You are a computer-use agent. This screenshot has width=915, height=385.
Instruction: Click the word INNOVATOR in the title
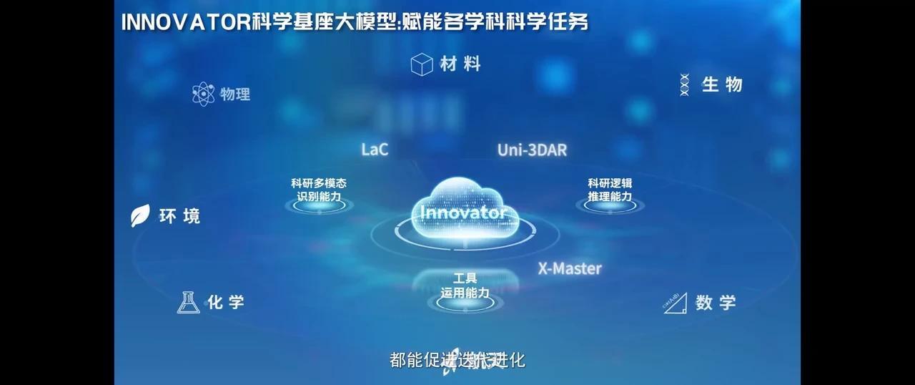tap(185, 22)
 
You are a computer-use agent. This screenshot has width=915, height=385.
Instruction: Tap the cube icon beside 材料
tap(422, 64)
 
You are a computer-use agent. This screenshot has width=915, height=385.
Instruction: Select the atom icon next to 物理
tap(204, 94)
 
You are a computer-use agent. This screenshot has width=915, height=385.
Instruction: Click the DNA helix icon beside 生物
tap(684, 84)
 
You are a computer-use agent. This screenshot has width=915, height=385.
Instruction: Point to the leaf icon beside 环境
tap(140, 215)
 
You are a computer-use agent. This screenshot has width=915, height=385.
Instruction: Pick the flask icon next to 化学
tap(188, 302)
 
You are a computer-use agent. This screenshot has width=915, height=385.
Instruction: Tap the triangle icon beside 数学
tap(675, 303)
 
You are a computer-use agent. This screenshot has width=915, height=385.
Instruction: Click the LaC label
tap(375, 150)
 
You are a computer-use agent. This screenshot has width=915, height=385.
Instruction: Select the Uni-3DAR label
tap(532, 150)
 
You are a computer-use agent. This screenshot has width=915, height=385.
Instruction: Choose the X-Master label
tap(570, 269)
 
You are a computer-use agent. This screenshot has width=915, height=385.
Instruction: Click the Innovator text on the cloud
tap(463, 213)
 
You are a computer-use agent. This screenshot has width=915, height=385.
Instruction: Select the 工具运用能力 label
tap(465, 286)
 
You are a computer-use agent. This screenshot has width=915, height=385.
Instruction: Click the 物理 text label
tap(235, 94)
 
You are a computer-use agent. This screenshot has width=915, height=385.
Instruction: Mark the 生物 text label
tap(722, 84)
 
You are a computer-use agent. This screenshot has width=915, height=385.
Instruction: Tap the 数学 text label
tap(716, 303)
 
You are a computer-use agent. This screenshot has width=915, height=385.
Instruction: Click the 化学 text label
tap(226, 302)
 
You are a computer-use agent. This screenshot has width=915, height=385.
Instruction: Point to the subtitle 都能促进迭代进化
tap(457, 359)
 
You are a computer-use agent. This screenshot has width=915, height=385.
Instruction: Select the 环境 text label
tap(179, 216)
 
